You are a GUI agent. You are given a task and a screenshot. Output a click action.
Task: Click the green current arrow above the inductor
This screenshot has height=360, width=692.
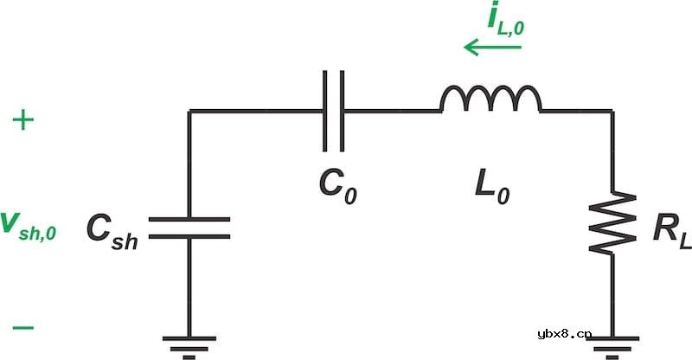click(x=492, y=47)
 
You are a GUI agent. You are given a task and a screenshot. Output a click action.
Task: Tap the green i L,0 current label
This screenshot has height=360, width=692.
click(x=506, y=19)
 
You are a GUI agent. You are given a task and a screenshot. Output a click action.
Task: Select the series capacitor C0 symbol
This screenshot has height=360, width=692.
click(x=334, y=111)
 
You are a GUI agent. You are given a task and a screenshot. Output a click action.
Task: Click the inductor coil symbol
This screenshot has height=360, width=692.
click(x=490, y=99)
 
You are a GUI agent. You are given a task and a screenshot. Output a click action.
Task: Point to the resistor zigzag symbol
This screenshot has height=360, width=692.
click(x=612, y=222)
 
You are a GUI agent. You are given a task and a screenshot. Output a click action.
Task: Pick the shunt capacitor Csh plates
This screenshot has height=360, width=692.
click(x=189, y=228)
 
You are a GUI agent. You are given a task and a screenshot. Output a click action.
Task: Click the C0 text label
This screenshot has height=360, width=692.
click(x=337, y=187)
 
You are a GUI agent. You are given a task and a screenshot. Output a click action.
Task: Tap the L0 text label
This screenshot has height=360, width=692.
click(x=492, y=187)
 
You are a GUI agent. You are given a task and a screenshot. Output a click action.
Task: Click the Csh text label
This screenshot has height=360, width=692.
click(x=112, y=231)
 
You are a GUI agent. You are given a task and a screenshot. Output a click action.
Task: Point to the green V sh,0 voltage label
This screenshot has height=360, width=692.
click(x=29, y=226)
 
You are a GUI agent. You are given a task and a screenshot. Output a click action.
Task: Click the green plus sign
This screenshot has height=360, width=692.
click(x=23, y=120)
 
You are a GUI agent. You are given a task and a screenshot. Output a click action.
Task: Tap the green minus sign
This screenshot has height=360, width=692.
click(x=23, y=328)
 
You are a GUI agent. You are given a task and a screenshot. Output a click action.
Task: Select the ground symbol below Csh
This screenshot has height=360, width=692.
click(x=189, y=348)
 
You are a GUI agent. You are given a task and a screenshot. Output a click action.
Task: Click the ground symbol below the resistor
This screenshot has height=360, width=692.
click(x=612, y=348)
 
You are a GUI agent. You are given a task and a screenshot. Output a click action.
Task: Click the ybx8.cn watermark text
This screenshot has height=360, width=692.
click(x=565, y=334)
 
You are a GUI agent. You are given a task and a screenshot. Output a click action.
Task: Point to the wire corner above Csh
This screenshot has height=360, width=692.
click(x=189, y=111)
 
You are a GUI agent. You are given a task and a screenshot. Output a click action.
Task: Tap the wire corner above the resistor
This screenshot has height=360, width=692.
click(x=612, y=111)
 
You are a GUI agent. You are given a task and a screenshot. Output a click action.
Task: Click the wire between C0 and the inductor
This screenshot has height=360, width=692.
click(x=392, y=111)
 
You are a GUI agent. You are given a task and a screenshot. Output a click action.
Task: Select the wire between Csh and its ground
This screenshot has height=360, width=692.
click(x=189, y=288)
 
